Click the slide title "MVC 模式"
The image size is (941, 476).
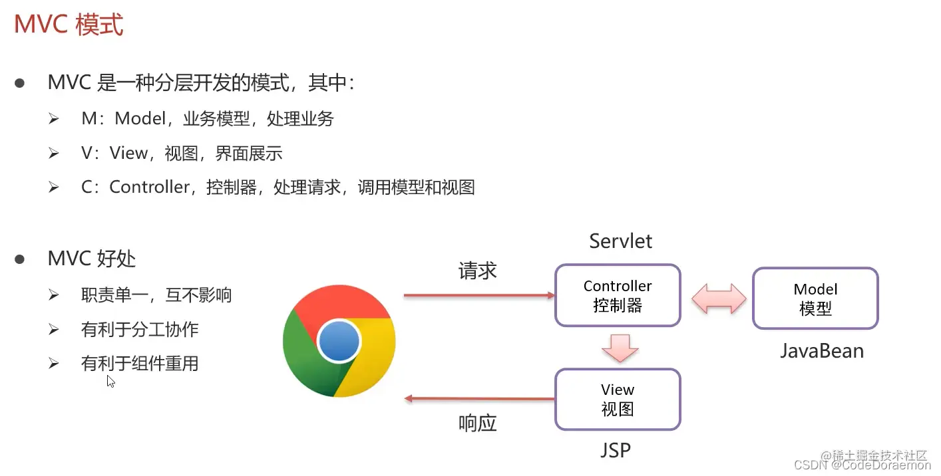[69, 25]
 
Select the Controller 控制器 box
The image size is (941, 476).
[618, 295]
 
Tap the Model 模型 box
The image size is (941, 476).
[815, 298]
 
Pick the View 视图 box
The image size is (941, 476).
[618, 399]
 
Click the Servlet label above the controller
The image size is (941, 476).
[620, 241]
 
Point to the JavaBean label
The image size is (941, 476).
[822, 350]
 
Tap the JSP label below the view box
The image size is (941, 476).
[615, 450]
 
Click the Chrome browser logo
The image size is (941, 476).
[339, 342]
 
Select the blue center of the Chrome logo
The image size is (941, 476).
[339, 342]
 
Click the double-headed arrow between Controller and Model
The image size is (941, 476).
[719, 298]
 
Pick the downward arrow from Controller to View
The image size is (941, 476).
[620, 348]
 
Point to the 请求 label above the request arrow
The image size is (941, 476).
[477, 271]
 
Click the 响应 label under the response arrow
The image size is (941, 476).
[477, 423]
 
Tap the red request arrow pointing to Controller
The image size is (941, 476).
[479, 295]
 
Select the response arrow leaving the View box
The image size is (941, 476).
[479, 399]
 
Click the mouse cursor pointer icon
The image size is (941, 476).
[110, 381]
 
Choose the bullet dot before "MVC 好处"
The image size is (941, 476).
[20, 259]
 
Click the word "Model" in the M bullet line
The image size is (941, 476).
[140, 119]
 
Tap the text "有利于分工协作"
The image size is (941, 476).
[140, 329]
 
